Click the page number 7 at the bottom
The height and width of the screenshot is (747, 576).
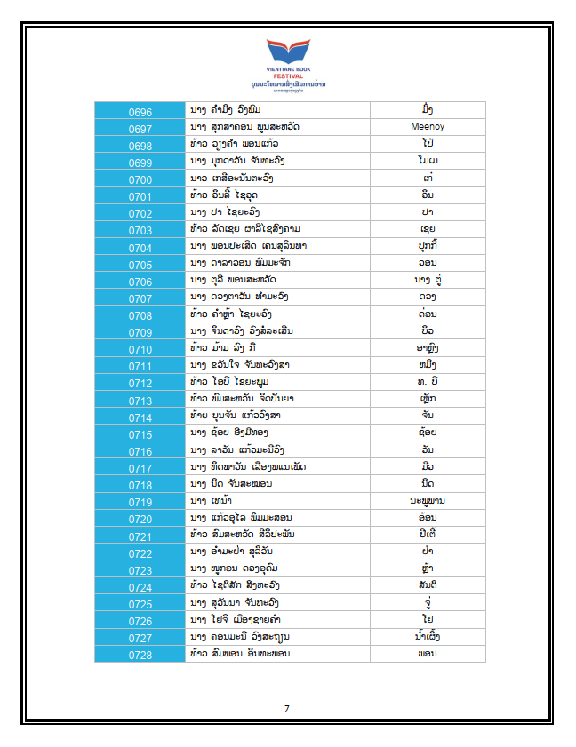point(287,709)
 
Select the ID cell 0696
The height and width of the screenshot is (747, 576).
point(140,112)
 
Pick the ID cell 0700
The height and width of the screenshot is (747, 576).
point(140,179)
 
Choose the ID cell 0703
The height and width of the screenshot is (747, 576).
point(140,230)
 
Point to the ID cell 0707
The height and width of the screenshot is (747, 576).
point(140,298)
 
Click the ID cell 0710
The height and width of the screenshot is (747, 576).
point(140,348)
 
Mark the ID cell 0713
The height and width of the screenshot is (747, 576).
point(140,400)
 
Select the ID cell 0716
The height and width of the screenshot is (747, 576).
point(140,451)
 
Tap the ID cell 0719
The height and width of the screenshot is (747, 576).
point(140,502)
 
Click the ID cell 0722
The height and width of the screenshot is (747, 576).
point(140,552)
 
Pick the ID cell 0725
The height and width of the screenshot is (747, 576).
point(140,603)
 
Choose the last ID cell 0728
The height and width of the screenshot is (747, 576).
point(140,655)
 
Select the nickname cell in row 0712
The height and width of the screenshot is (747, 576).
point(428,382)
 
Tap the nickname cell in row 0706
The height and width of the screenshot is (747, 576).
point(428,281)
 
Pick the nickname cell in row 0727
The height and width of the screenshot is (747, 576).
point(428,637)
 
